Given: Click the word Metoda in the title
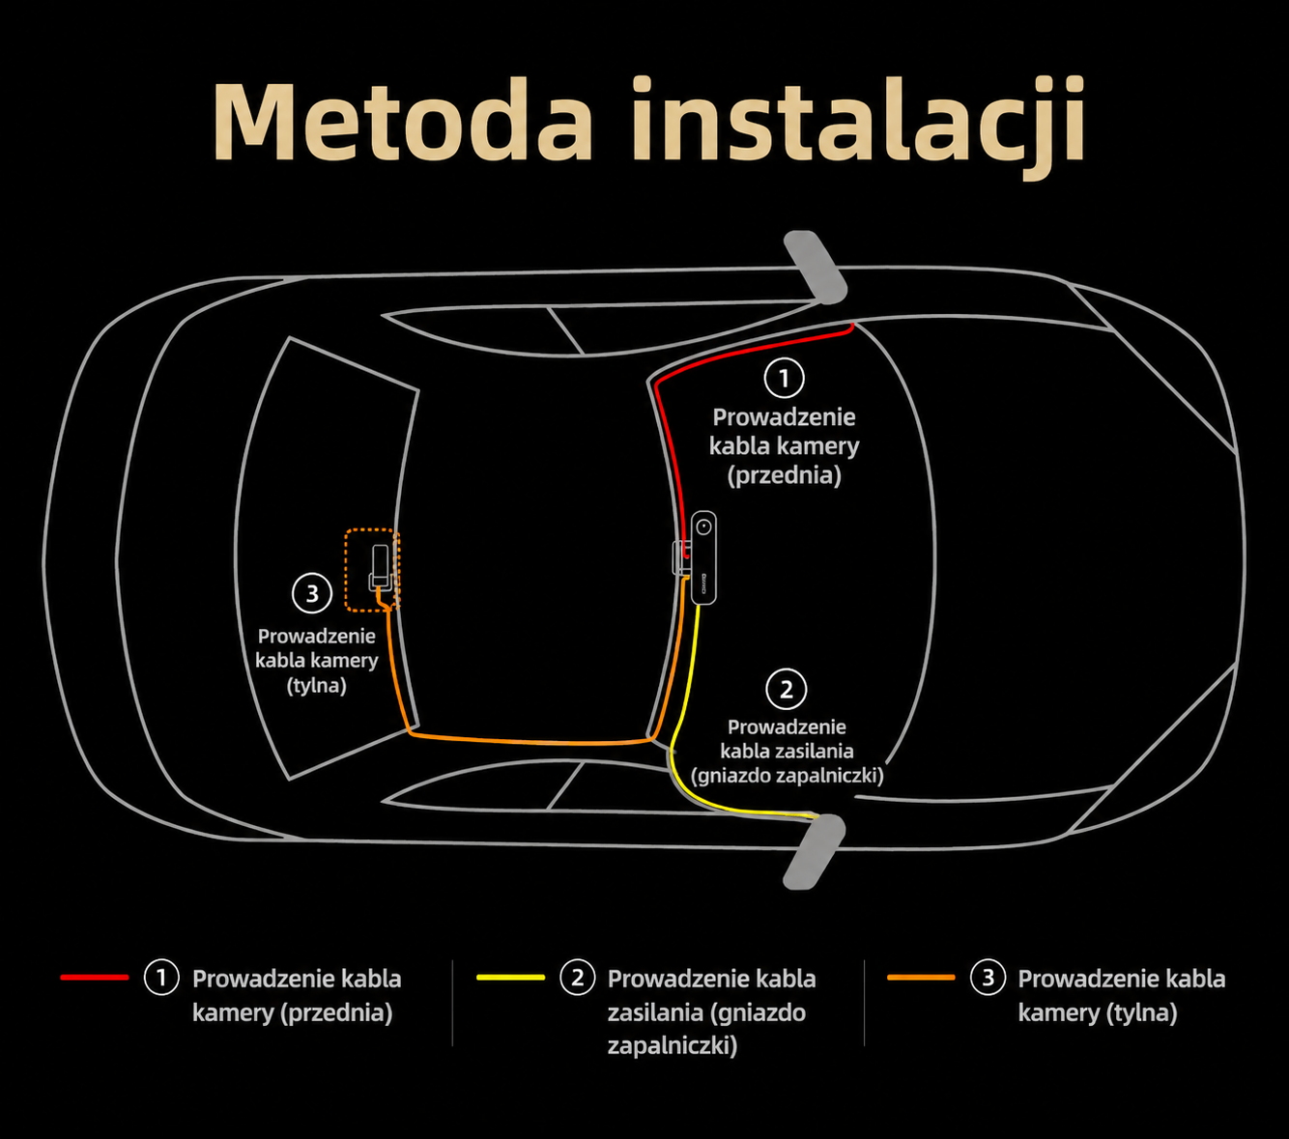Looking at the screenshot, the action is pos(403,120).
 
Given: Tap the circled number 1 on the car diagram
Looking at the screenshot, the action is pos(784,378).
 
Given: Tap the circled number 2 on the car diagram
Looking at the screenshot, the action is pos(787,689).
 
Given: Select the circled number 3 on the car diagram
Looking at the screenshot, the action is pos(312,593).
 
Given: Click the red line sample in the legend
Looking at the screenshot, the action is pos(95,977).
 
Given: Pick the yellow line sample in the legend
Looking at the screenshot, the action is pos(510,977).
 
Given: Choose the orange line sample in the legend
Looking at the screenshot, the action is pos(921,977).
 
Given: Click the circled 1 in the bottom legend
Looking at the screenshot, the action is pos(161,977).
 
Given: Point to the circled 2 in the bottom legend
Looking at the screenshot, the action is pos(577,977).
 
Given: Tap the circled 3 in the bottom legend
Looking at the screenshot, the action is pos(988,977).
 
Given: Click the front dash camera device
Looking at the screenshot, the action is pos(703,557).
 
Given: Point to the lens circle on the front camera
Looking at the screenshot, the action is pos(703,527).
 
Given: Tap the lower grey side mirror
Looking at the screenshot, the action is pos(815,851).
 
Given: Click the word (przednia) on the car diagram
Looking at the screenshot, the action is pos(784,475).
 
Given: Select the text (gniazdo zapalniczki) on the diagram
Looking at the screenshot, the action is pos(787,776).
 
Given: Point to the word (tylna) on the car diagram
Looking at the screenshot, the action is pos(316,685).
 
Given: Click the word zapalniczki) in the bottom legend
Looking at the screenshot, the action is pos(673,1045).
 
